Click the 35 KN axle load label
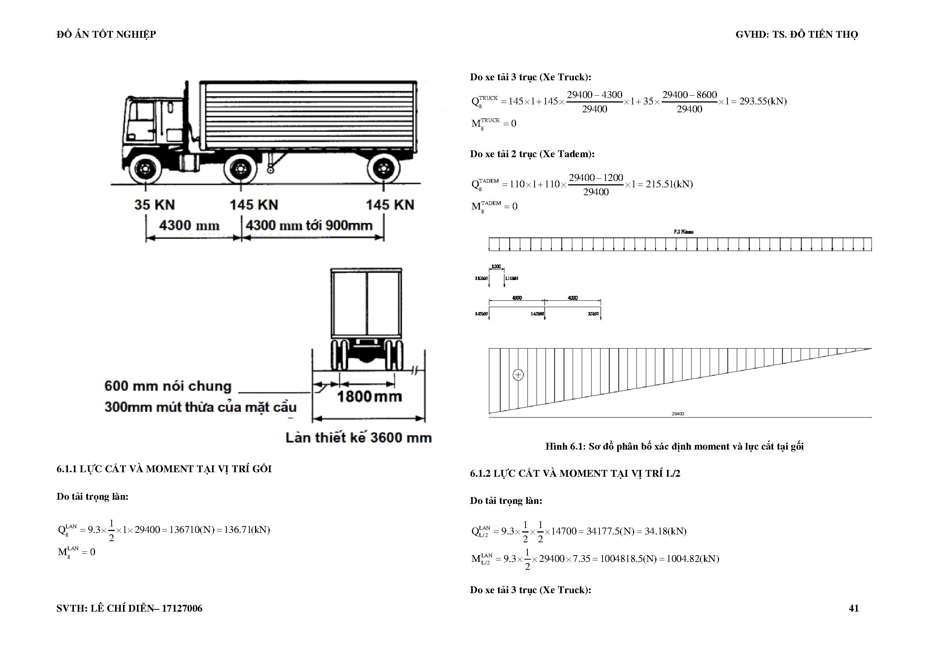pyautogui.click(x=155, y=205)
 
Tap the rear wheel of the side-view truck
pyautogui.click(x=383, y=168)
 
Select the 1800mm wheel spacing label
pyautogui.click(x=369, y=396)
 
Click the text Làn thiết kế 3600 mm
pyautogui.click(x=358, y=438)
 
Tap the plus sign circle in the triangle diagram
pyautogui.click(x=518, y=375)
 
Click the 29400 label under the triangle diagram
pyautogui.click(x=678, y=414)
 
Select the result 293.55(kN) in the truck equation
pyautogui.click(x=763, y=101)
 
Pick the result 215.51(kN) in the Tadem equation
pyautogui.click(x=669, y=184)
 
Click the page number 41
pyautogui.click(x=854, y=608)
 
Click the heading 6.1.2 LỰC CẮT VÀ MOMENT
pyautogui.click(x=575, y=473)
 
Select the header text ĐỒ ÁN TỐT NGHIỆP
pyautogui.click(x=106, y=35)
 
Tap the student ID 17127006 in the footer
pyautogui.click(x=182, y=608)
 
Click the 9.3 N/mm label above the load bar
pyautogui.click(x=683, y=232)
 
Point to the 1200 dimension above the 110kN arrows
pyautogui.click(x=496, y=267)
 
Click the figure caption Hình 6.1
pyautogui.click(x=674, y=446)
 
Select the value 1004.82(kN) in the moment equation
pyautogui.click(x=693, y=559)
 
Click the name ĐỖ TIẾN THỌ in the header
pyautogui.click(x=824, y=35)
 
